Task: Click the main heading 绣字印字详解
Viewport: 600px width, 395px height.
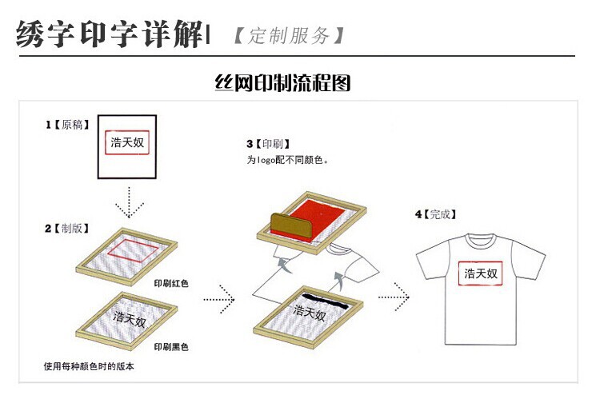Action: click(x=110, y=34)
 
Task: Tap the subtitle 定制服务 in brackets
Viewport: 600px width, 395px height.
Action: click(x=289, y=35)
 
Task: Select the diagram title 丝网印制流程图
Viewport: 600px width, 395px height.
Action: click(x=282, y=82)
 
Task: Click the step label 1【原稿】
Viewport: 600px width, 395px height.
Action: click(x=68, y=125)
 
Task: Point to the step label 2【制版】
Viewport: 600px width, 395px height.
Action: click(x=67, y=228)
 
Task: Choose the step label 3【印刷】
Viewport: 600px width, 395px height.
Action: click(x=268, y=144)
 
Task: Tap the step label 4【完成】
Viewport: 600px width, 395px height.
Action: click(x=436, y=214)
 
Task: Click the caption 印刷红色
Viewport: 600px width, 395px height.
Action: click(x=171, y=283)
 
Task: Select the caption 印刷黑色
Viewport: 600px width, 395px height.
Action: click(x=171, y=347)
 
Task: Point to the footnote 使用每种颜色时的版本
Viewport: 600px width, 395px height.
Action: click(x=89, y=366)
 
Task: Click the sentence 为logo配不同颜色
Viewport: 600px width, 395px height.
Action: click(x=287, y=160)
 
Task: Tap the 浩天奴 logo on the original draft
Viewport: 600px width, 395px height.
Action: click(x=127, y=142)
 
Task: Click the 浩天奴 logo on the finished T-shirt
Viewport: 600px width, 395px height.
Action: click(x=481, y=273)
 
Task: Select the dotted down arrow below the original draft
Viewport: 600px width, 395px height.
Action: click(x=130, y=201)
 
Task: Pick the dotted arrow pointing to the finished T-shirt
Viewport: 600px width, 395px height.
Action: click(x=394, y=297)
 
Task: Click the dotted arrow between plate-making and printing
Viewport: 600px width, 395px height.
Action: click(x=219, y=299)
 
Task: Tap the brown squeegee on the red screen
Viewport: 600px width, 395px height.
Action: click(x=291, y=225)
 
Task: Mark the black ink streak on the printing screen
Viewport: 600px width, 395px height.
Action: click(x=326, y=301)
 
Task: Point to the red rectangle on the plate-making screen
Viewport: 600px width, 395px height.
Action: click(x=133, y=251)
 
